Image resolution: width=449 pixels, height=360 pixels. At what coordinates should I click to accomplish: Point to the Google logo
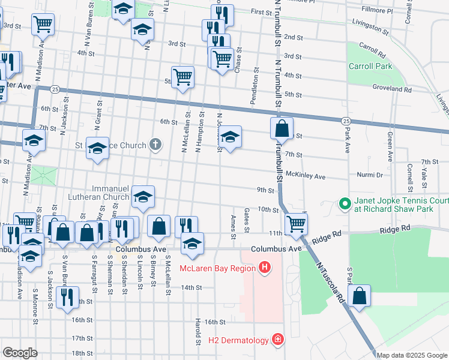pyautogui.click(x=20, y=353)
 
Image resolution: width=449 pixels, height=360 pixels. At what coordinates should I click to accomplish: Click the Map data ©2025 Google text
pyautogui.click(x=412, y=355)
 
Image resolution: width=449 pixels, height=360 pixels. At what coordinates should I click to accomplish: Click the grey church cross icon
pyautogui.click(x=155, y=145)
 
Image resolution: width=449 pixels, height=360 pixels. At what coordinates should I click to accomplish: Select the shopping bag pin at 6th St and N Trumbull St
pyautogui.click(x=281, y=128)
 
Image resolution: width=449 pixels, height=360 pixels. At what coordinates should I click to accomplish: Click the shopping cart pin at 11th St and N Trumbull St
pyautogui.click(x=296, y=224)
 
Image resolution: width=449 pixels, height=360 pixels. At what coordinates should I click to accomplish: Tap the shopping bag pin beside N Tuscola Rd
pyautogui.click(x=359, y=296)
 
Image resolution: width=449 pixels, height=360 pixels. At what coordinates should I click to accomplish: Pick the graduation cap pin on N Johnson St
pyautogui.click(x=229, y=138)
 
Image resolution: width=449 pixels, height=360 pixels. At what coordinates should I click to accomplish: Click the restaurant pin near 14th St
pyautogui.click(x=66, y=296)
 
